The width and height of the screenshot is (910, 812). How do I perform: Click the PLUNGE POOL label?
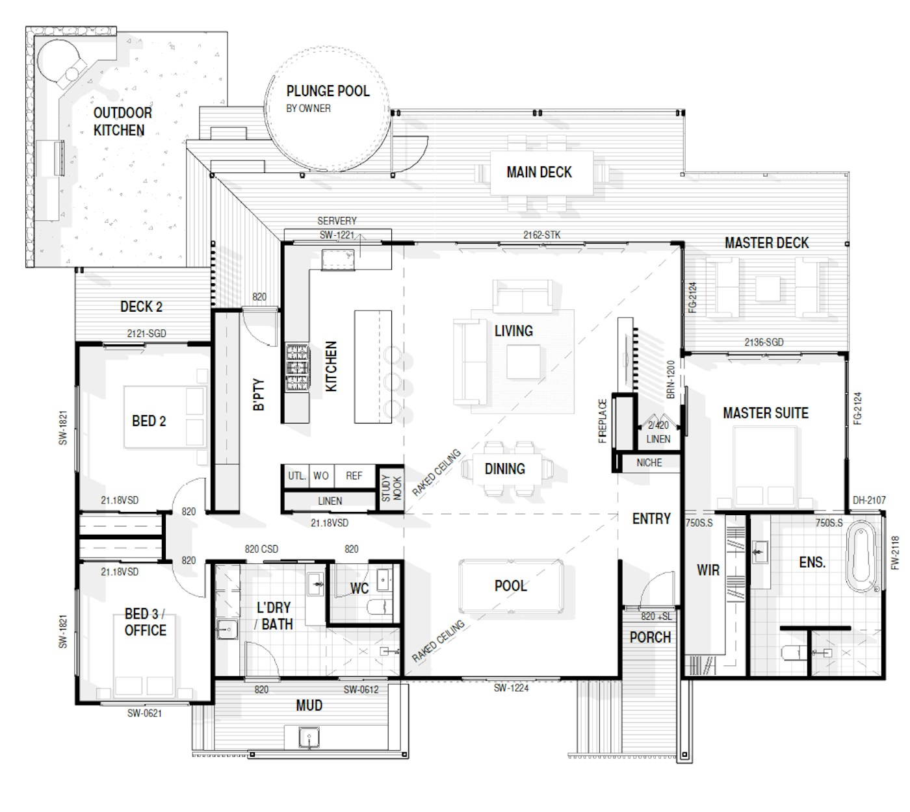click(328, 91)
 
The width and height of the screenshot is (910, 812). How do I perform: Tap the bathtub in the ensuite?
click(861, 556)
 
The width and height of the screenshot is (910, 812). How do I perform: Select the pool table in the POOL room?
click(511, 586)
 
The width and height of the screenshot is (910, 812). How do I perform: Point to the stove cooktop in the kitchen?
click(297, 367)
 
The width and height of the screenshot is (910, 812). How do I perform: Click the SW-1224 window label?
click(511, 687)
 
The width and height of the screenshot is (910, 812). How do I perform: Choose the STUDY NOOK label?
click(391, 488)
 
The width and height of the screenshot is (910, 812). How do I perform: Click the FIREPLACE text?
click(603, 421)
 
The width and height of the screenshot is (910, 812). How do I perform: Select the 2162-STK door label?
click(541, 235)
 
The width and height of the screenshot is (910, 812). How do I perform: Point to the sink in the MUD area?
click(309, 737)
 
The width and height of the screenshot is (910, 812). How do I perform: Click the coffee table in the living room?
click(523, 362)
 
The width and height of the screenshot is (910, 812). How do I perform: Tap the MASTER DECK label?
click(766, 243)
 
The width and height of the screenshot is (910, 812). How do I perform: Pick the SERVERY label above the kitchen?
click(337, 221)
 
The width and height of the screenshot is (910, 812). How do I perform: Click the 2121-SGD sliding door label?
click(146, 333)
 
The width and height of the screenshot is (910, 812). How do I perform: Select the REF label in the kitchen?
click(354, 476)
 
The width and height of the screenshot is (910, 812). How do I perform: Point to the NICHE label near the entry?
click(649, 463)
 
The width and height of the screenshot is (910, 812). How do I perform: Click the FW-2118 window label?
click(895, 553)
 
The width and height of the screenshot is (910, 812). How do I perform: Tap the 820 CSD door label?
click(261, 549)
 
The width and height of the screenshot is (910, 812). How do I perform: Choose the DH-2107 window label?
click(869, 500)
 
